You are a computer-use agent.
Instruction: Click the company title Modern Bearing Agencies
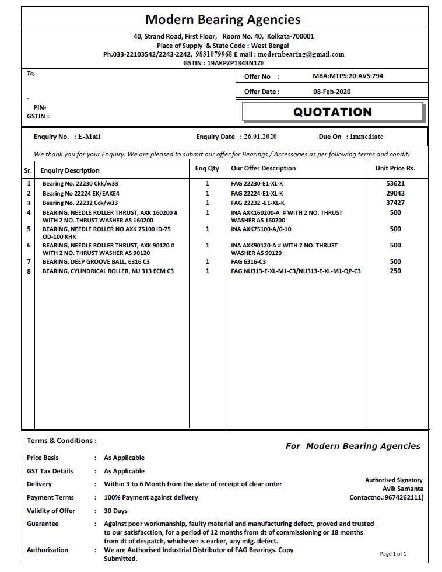223,19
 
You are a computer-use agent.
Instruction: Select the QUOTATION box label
332,112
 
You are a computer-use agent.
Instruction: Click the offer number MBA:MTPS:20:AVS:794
348,76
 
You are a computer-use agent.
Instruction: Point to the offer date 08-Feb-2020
332,92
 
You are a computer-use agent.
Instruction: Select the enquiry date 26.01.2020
260,137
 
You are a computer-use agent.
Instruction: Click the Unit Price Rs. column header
395,168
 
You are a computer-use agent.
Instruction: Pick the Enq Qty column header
207,168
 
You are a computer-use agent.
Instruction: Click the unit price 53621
395,183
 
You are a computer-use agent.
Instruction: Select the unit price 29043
395,193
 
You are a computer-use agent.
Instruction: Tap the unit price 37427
395,203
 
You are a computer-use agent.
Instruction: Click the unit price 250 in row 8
395,271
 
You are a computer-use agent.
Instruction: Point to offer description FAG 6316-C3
248,262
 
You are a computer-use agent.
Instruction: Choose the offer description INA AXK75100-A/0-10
261,229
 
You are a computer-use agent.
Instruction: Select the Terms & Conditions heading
62,441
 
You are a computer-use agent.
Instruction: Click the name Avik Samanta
402,489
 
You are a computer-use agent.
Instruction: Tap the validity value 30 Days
115,511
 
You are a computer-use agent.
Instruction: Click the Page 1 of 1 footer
393,554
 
